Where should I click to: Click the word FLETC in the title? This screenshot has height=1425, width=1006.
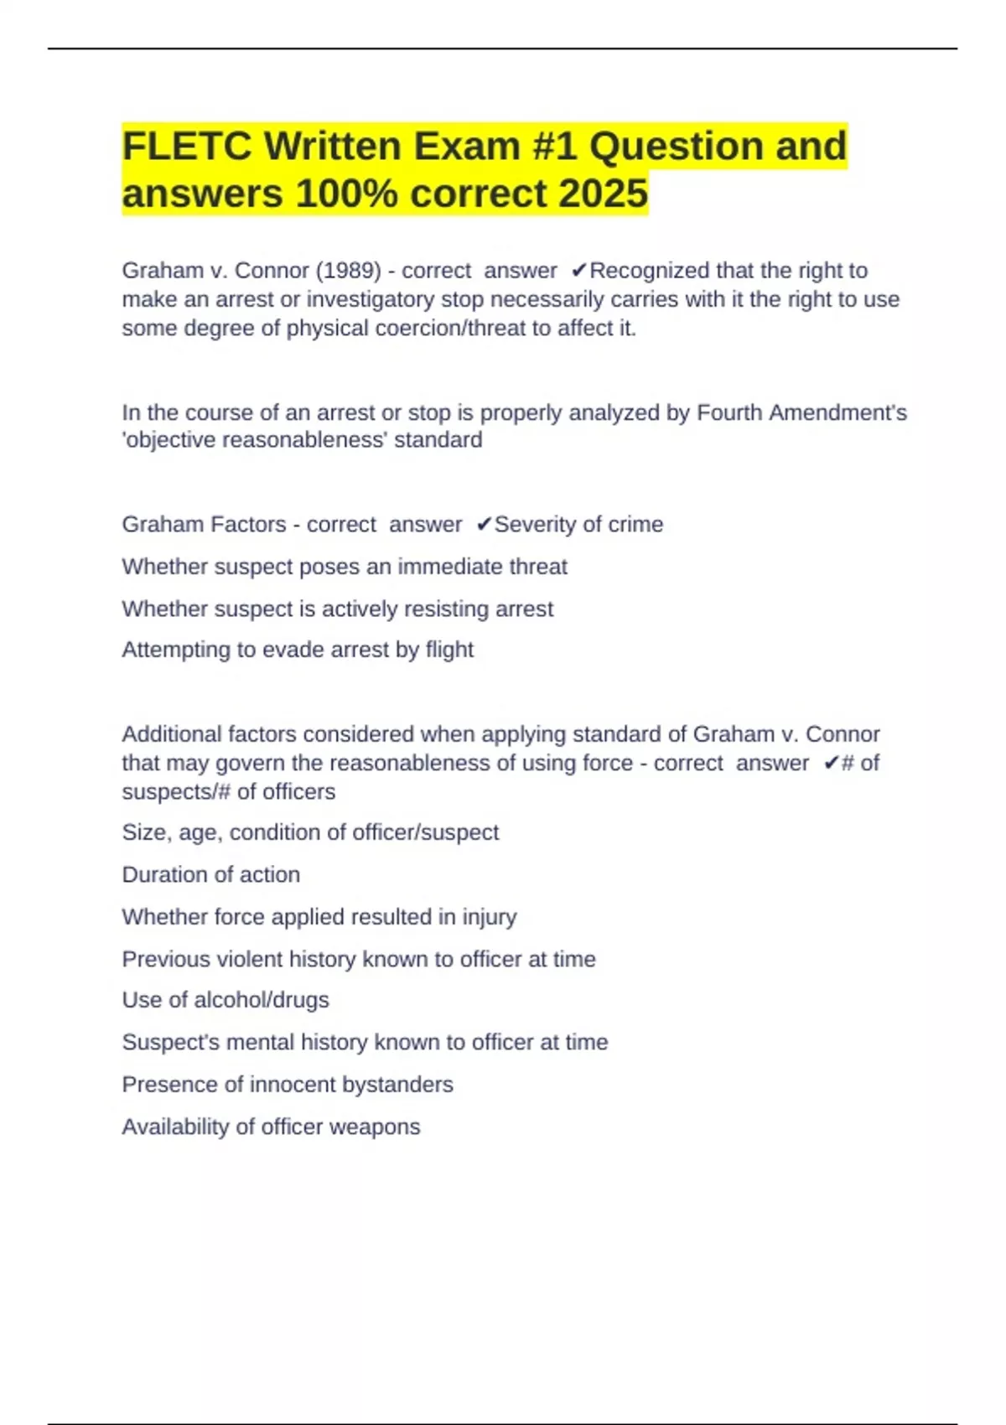(185, 147)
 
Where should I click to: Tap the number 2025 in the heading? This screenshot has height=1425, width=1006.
(603, 194)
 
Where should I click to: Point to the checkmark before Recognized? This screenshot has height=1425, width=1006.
(578, 271)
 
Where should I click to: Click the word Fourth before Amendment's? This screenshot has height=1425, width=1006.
(729, 412)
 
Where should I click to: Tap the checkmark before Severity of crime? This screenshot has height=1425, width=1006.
(484, 525)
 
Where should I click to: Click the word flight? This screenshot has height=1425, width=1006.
(449, 650)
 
